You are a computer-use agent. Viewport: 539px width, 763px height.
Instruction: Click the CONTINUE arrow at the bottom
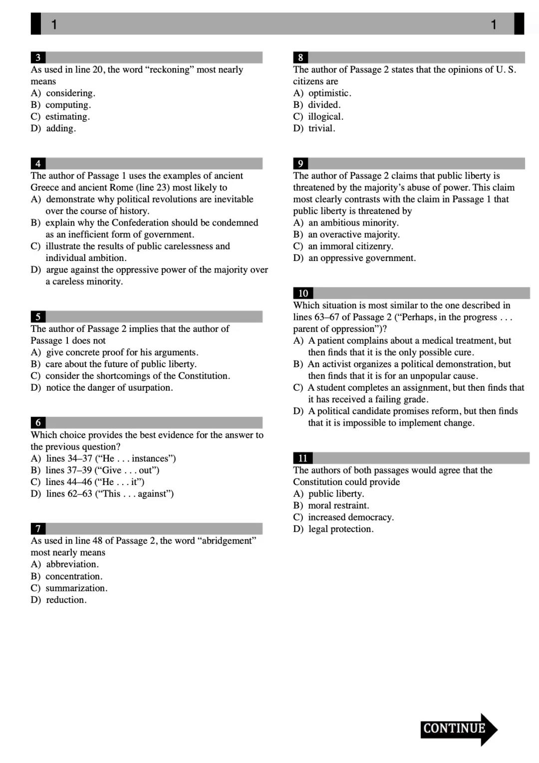pyautogui.click(x=458, y=729)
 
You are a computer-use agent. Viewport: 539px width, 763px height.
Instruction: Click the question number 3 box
pyautogui.click(x=38, y=57)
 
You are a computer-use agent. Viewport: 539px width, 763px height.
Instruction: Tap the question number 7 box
pyautogui.click(x=38, y=528)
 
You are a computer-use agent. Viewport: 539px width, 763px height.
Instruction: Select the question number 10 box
pyautogui.click(x=303, y=293)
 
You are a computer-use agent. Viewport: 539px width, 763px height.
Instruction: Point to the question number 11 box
pyautogui.click(x=302, y=458)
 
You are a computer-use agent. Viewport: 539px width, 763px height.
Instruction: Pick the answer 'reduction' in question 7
pyautogui.click(x=66, y=600)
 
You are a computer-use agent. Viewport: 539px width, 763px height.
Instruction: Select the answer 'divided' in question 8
pyautogui.click(x=324, y=105)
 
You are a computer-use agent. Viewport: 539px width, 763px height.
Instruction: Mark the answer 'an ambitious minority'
pyautogui.click(x=353, y=223)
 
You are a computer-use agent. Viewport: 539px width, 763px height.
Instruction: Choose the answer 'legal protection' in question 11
pyautogui.click(x=340, y=529)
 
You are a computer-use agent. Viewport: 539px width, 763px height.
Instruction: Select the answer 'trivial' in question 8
pyautogui.click(x=321, y=128)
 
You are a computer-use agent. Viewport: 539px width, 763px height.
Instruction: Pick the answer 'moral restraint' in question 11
pyautogui.click(x=338, y=506)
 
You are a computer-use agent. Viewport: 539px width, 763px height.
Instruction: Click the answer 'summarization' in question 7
pyautogui.click(x=76, y=588)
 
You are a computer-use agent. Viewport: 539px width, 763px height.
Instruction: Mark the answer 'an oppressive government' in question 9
pyautogui.click(x=362, y=258)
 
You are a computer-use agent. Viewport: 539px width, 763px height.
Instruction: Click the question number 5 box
pyautogui.click(x=38, y=316)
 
